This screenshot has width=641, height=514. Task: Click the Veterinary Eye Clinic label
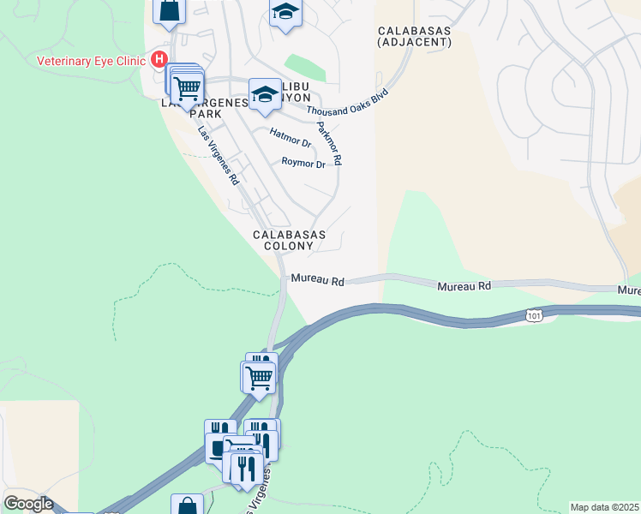pyautogui.click(x=93, y=61)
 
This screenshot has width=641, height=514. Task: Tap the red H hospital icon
pyautogui.click(x=159, y=60)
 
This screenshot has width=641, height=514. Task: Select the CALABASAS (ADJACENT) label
pyautogui.click(x=415, y=36)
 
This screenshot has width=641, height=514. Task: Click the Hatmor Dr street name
pyautogui.click(x=290, y=138)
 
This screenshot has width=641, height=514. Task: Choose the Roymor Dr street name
pyautogui.click(x=303, y=163)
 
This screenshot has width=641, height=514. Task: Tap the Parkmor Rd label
pyautogui.click(x=330, y=143)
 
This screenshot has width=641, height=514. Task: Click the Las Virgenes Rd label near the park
pyautogui.click(x=218, y=157)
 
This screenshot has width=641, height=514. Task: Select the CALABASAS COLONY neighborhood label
pyautogui.click(x=284, y=240)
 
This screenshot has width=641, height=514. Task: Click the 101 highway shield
pyautogui.click(x=535, y=315)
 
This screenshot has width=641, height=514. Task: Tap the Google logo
pyautogui.click(x=28, y=504)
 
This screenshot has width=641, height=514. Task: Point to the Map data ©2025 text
pyautogui.click(x=605, y=507)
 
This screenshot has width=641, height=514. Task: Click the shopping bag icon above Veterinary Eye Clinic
pyautogui.click(x=170, y=10)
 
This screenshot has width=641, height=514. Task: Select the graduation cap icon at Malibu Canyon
pyautogui.click(x=265, y=93)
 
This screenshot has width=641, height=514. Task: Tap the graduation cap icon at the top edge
pyautogui.click(x=285, y=13)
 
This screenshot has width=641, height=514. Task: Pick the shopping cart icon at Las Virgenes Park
pyautogui.click(x=187, y=87)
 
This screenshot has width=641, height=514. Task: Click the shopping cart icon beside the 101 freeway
pyautogui.click(x=258, y=375)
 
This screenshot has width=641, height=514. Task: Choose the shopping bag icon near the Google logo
pyautogui.click(x=187, y=506)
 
